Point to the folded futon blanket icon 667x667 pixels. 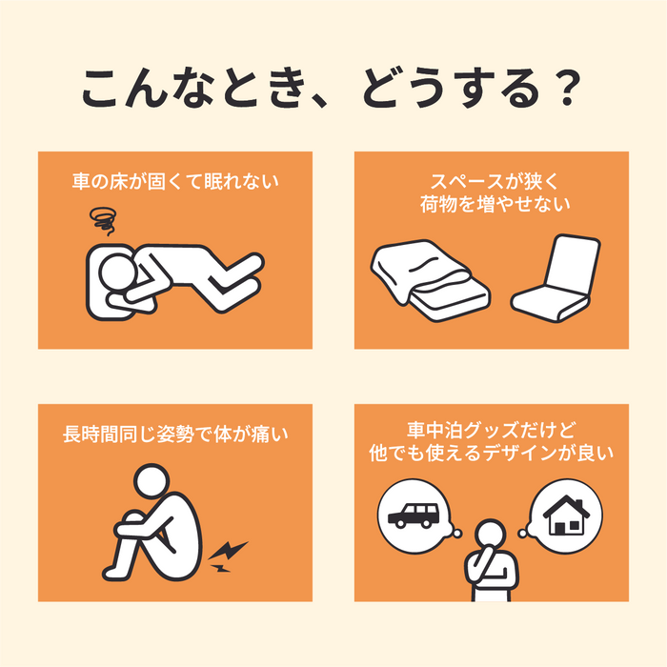pyautogui.click(x=429, y=279)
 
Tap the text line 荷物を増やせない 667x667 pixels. pyautogui.click(x=491, y=203)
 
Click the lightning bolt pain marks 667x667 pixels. pyautogui.click(x=228, y=556)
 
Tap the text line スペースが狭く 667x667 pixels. pyautogui.click(x=491, y=179)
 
